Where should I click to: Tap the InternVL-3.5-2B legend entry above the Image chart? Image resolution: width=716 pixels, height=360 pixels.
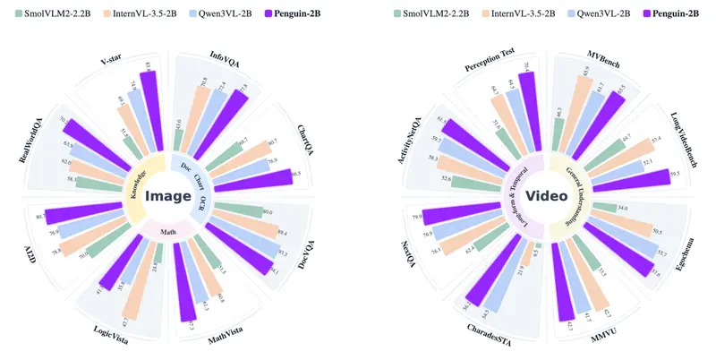148,14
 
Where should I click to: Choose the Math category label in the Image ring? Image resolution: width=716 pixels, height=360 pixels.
170,230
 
